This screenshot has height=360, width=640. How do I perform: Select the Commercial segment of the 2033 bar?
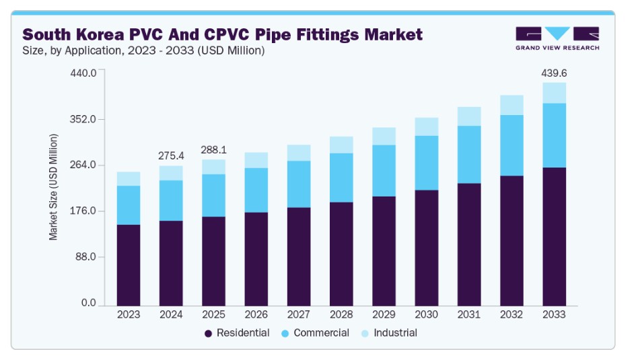pos(555,135)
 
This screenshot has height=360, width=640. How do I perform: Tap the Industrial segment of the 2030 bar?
pos(427,127)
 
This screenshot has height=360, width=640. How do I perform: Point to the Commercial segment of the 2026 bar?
pos(256,190)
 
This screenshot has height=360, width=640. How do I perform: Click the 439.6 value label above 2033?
pos(555,73)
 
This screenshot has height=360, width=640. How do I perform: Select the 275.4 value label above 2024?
pos(171,155)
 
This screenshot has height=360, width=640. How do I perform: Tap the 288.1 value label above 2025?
pos(213,150)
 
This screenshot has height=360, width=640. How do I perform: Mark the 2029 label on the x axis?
pos(384,314)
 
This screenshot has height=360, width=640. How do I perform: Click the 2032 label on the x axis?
pos(512,314)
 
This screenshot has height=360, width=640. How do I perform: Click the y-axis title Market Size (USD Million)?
pos(53,187)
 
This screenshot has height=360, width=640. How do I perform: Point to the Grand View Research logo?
pos(557,38)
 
